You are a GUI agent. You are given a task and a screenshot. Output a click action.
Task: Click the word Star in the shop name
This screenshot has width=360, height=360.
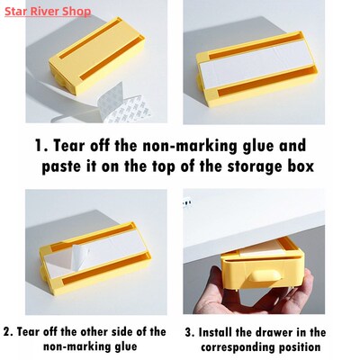click(x=16, y=11)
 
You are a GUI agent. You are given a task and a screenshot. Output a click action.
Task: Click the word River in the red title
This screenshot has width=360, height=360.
click(x=56, y=11)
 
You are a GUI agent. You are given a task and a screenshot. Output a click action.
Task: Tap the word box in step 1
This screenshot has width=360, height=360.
click(x=297, y=168)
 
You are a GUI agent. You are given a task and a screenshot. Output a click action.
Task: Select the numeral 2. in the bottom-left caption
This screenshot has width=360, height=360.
click(x=9, y=332)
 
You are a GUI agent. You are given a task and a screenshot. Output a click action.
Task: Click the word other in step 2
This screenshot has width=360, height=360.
click(x=101, y=332)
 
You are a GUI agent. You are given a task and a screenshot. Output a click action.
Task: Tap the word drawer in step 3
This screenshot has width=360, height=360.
click(x=286, y=332)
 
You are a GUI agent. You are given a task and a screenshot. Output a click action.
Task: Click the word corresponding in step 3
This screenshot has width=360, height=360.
click(x=240, y=347)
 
